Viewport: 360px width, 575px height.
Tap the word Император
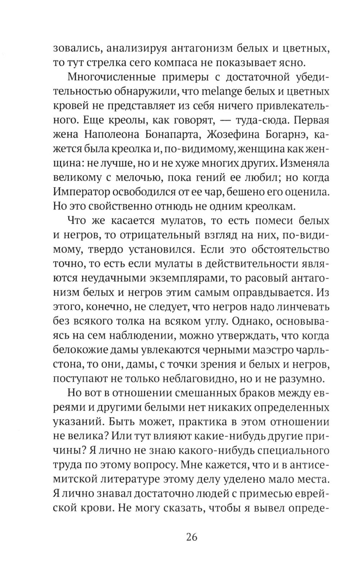[79, 192]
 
